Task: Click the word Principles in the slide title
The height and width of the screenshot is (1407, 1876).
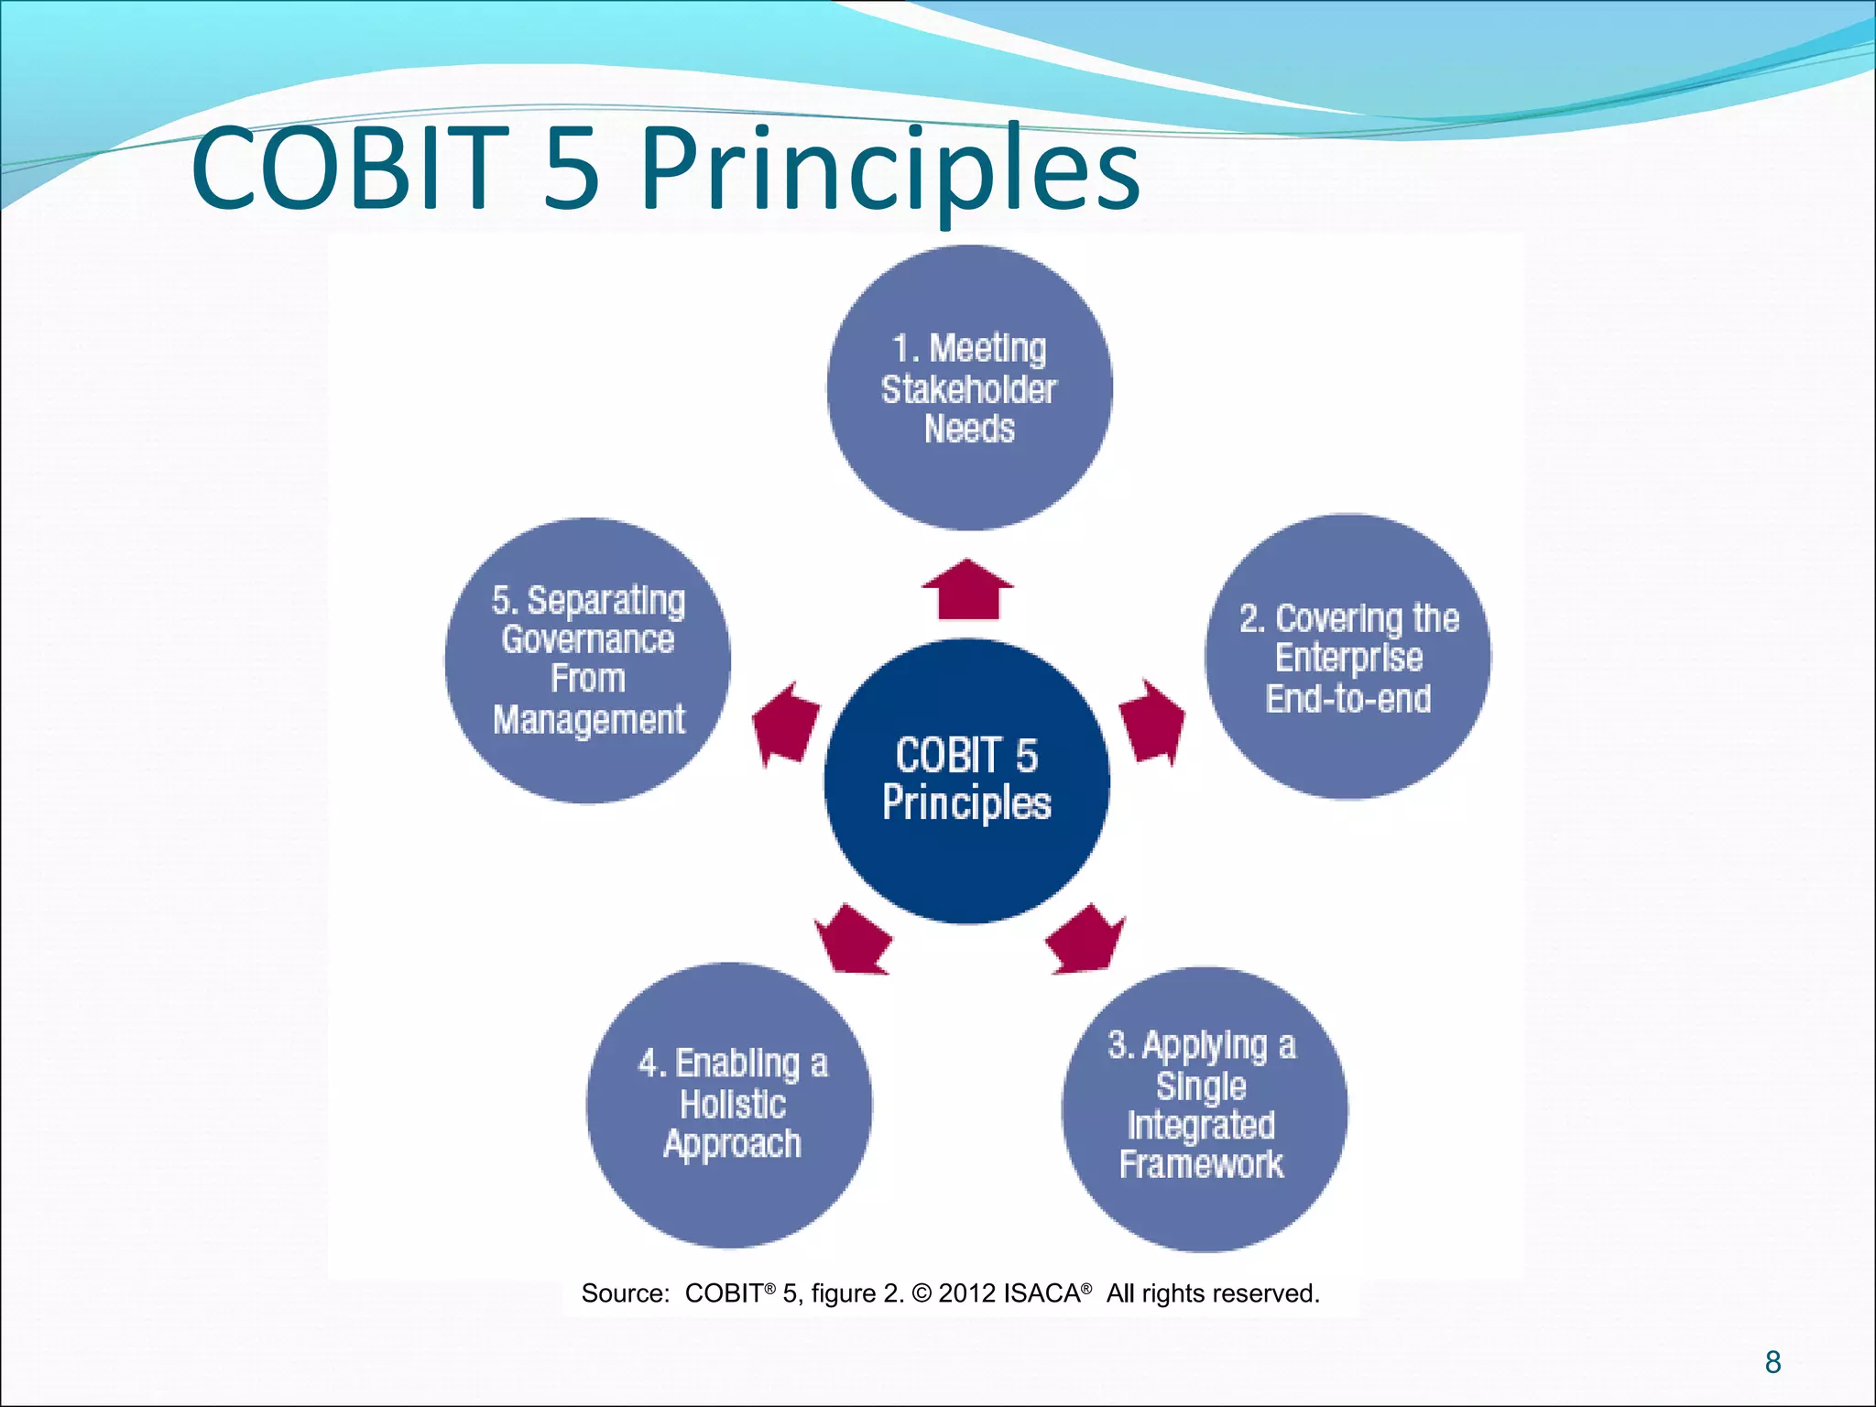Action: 889,169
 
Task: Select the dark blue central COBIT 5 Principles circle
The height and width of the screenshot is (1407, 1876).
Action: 966,781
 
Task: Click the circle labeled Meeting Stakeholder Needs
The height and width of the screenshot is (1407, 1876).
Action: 969,387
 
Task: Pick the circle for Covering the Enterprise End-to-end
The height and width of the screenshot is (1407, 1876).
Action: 1347,657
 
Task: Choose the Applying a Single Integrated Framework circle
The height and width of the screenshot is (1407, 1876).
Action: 1204,1109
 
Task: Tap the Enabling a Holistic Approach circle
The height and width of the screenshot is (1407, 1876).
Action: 729,1105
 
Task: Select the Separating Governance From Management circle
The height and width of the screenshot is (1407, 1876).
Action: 587,660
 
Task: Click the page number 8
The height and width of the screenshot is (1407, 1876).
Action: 1772,1362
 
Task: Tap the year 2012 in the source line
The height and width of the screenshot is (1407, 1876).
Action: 967,1293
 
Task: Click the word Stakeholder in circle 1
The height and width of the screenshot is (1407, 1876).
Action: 968,390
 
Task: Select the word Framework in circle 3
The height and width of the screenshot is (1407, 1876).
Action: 1201,1165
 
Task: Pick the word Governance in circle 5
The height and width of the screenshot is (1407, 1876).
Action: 587,639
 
